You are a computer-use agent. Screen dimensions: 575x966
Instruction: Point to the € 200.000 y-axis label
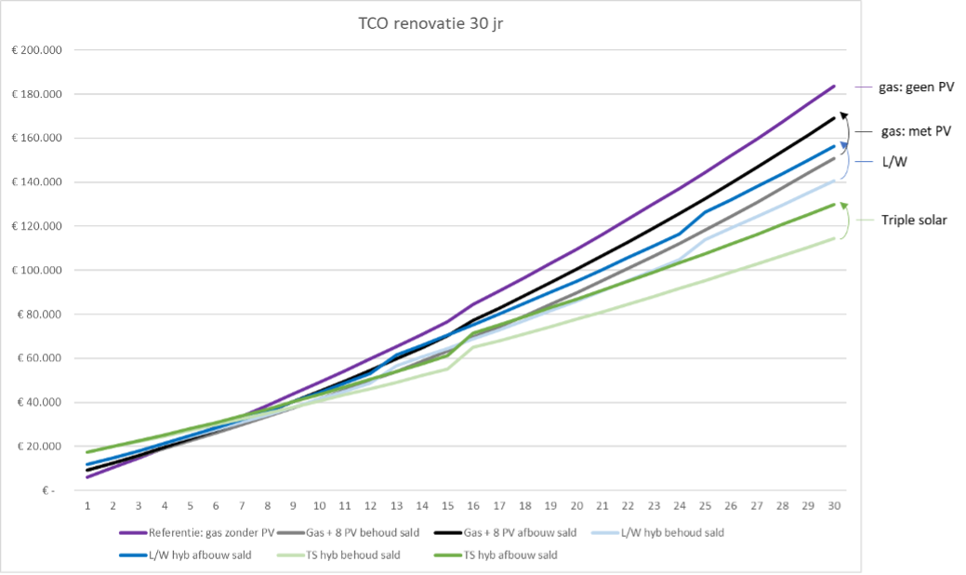tap(36, 50)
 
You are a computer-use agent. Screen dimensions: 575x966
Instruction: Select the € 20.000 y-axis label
tap(39, 447)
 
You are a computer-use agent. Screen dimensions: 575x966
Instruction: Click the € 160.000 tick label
tap(36, 139)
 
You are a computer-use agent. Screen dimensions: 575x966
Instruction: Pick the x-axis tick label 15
tap(447, 506)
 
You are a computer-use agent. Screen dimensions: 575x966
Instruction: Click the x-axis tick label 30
tap(834, 506)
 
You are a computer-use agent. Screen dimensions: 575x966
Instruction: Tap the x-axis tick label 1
tap(87, 506)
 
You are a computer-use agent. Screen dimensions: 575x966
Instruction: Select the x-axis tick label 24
tap(680, 506)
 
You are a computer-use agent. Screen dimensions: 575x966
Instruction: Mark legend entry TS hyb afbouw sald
tap(501, 555)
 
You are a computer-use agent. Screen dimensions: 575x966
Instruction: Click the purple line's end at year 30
tap(834, 86)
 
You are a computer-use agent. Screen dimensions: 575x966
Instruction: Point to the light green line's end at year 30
tap(834, 237)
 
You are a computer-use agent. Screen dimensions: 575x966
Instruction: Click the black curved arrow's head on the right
tap(844, 114)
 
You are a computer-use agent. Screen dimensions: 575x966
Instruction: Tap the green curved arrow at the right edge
tap(848, 221)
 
